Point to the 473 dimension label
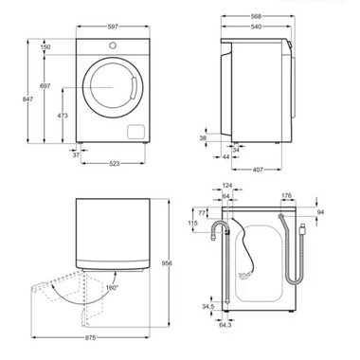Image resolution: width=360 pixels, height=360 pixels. point(62,116)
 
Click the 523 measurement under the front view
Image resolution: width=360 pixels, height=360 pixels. point(113,163)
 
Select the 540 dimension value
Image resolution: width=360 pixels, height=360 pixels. point(253,27)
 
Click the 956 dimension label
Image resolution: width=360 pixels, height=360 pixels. point(166,263)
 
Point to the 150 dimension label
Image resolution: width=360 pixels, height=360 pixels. point(45,46)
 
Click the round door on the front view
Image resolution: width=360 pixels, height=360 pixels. point(113,91)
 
